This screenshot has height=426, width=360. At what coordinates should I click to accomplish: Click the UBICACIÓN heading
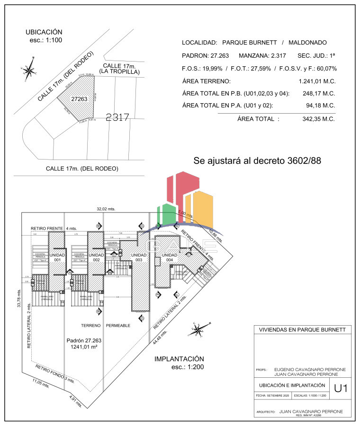[44, 32]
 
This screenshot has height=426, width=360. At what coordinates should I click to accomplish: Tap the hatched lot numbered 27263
[79, 99]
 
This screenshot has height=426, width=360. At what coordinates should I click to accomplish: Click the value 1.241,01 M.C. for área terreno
[317, 81]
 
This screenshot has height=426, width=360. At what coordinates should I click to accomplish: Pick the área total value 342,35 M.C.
[318, 119]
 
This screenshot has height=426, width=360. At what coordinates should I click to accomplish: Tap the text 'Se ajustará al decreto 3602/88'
[257, 160]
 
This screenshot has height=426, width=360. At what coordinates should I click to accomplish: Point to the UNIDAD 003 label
[139, 257]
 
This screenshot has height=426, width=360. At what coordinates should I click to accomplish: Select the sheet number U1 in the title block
[341, 389]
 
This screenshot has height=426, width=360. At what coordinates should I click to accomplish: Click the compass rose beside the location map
[29, 71]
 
